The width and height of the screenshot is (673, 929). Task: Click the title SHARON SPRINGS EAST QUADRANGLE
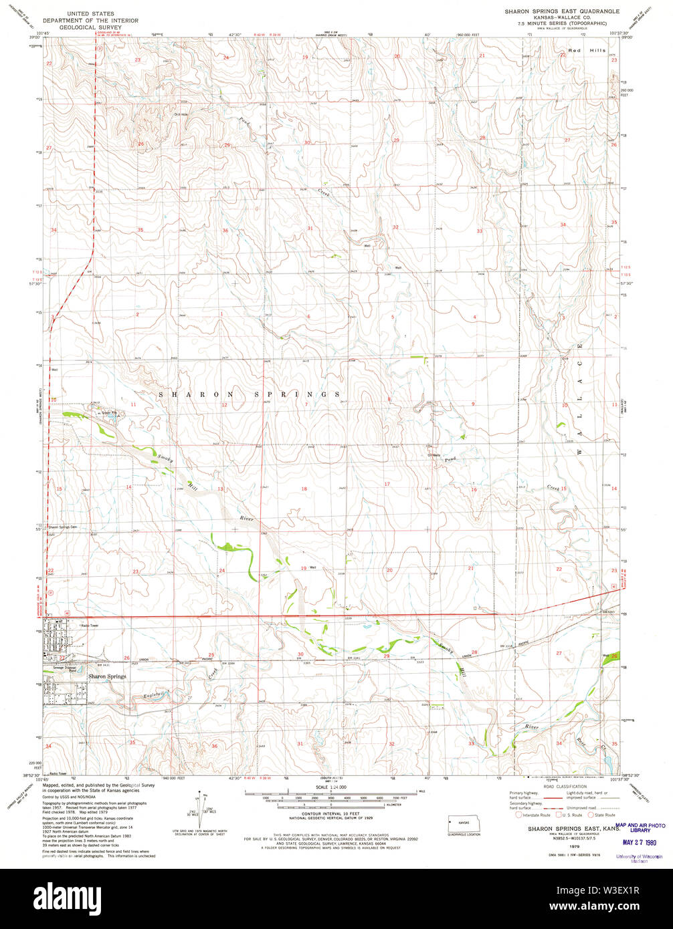[561, 12]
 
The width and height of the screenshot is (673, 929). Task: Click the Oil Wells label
[434, 456]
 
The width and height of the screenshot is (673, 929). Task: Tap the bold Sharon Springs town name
[106, 676]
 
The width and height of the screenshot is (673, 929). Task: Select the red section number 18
[304, 489]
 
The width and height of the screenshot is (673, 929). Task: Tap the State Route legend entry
[601, 815]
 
